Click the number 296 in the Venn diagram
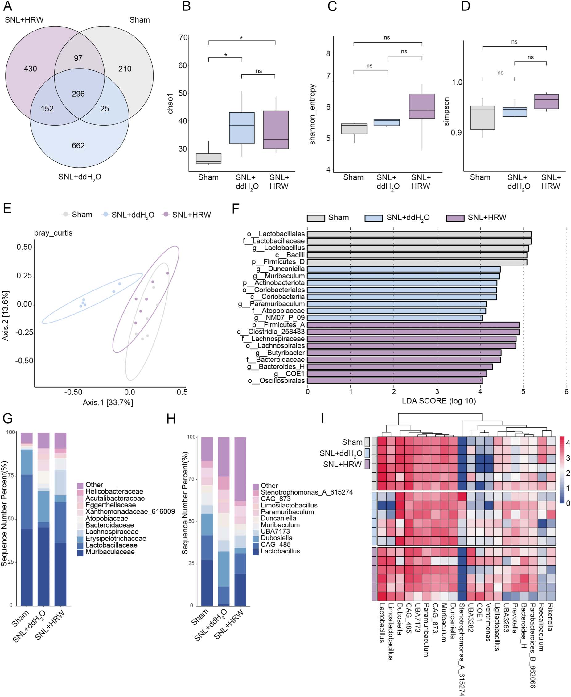pyautogui.click(x=78, y=94)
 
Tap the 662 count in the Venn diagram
pyautogui.click(x=78, y=145)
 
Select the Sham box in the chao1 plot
pyautogui.click(x=208, y=158)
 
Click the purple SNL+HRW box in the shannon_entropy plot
pyautogui.click(x=422, y=106)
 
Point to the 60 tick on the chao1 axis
pyautogui.click(x=183, y=65)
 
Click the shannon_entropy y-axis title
pyautogui.click(x=312, y=114)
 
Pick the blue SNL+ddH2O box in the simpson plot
pyautogui.click(x=515, y=112)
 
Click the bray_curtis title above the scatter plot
pyautogui.click(x=53, y=233)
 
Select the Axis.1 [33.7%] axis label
pyautogui.click(x=108, y=402)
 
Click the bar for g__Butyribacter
pyautogui.click(x=404, y=353)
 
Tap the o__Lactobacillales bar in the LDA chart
pyautogui.click(x=419, y=234)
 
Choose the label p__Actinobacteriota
pyautogui.click(x=274, y=283)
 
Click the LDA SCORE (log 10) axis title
pyautogui.click(x=438, y=401)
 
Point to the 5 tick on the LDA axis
pyautogui.click(x=523, y=392)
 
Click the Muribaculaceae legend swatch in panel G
pyautogui.click(x=80, y=552)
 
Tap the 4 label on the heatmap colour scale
pyautogui.click(x=567, y=443)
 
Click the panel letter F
pyautogui.click(x=235, y=209)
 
